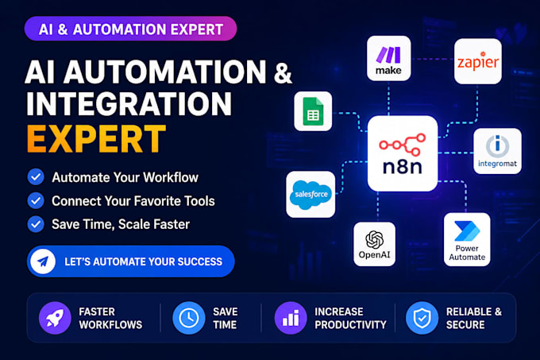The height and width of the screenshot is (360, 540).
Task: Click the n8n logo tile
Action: pos(403,153)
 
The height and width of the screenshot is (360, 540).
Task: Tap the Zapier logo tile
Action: pos(478,61)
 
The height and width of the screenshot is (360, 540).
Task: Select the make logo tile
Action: pos(388,58)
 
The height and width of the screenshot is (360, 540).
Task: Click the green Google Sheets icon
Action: pos(313,111)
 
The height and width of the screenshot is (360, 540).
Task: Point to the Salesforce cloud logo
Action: pos(311,195)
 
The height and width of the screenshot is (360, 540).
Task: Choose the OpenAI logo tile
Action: pos(374,244)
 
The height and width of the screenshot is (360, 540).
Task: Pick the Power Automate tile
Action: pos(467,239)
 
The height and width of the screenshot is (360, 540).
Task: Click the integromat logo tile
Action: pos(497,151)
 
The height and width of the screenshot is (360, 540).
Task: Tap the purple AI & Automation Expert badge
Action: pos(130,29)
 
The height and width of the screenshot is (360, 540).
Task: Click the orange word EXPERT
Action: pos(96,139)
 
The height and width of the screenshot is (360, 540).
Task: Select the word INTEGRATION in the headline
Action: pos(129,103)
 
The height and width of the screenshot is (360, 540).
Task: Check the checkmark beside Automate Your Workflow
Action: pos(36,177)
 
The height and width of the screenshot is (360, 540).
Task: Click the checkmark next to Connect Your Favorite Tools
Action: pos(36,200)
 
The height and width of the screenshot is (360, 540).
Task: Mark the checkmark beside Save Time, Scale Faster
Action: pos(36,224)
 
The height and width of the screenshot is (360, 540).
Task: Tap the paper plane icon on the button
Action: pos(43,261)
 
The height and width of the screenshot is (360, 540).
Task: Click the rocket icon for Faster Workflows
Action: pos(55,318)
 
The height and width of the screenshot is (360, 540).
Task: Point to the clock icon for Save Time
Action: pos(189,318)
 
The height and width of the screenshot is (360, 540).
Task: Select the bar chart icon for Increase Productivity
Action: pos(291,318)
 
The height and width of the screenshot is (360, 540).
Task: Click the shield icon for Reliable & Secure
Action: pos(422,318)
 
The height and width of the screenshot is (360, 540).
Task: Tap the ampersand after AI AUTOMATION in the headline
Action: pos(283,72)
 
